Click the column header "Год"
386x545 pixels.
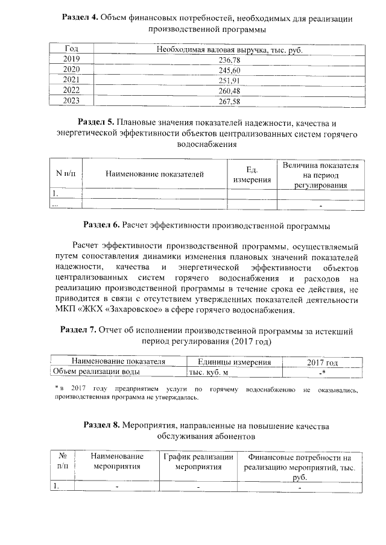click(71, 49)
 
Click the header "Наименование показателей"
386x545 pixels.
click(155, 174)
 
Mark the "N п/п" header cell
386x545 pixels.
click(66, 174)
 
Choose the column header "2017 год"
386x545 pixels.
click(323, 361)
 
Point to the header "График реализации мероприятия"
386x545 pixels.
click(199, 461)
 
